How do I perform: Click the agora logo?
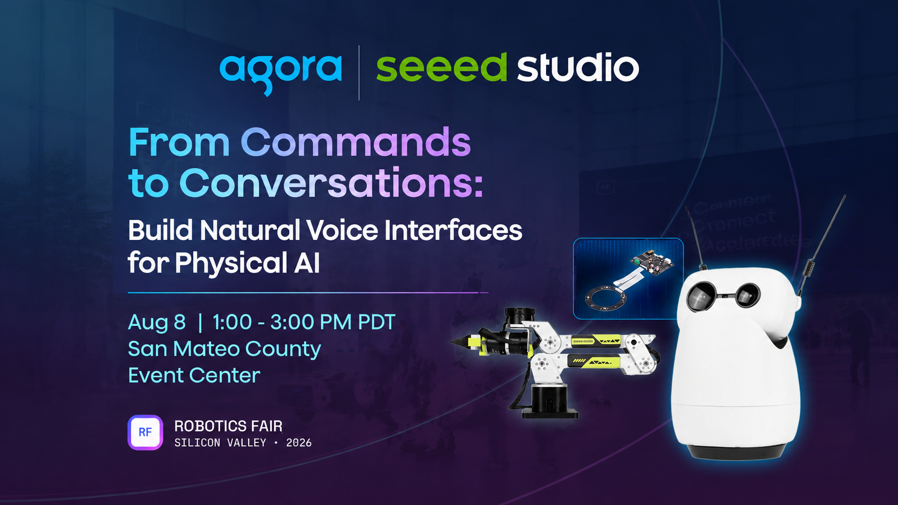pos(280,74)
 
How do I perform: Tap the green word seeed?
pos(441,67)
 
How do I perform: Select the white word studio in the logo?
pos(578,67)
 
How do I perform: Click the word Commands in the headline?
pos(356,142)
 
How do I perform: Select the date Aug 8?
pos(157,322)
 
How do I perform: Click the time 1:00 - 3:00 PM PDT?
pos(304,322)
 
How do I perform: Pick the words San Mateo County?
pos(225,349)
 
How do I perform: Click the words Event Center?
pos(194,375)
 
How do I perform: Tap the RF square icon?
pos(145,433)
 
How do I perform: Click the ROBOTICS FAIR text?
pos(228,426)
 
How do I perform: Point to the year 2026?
pos(299,443)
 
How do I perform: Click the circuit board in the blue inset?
pos(652,263)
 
